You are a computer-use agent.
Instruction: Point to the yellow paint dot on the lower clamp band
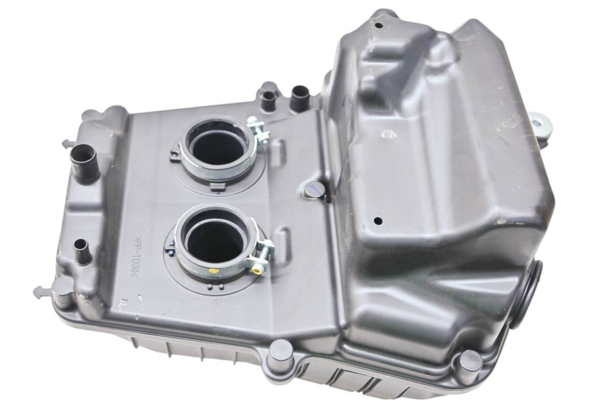[214, 271]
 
